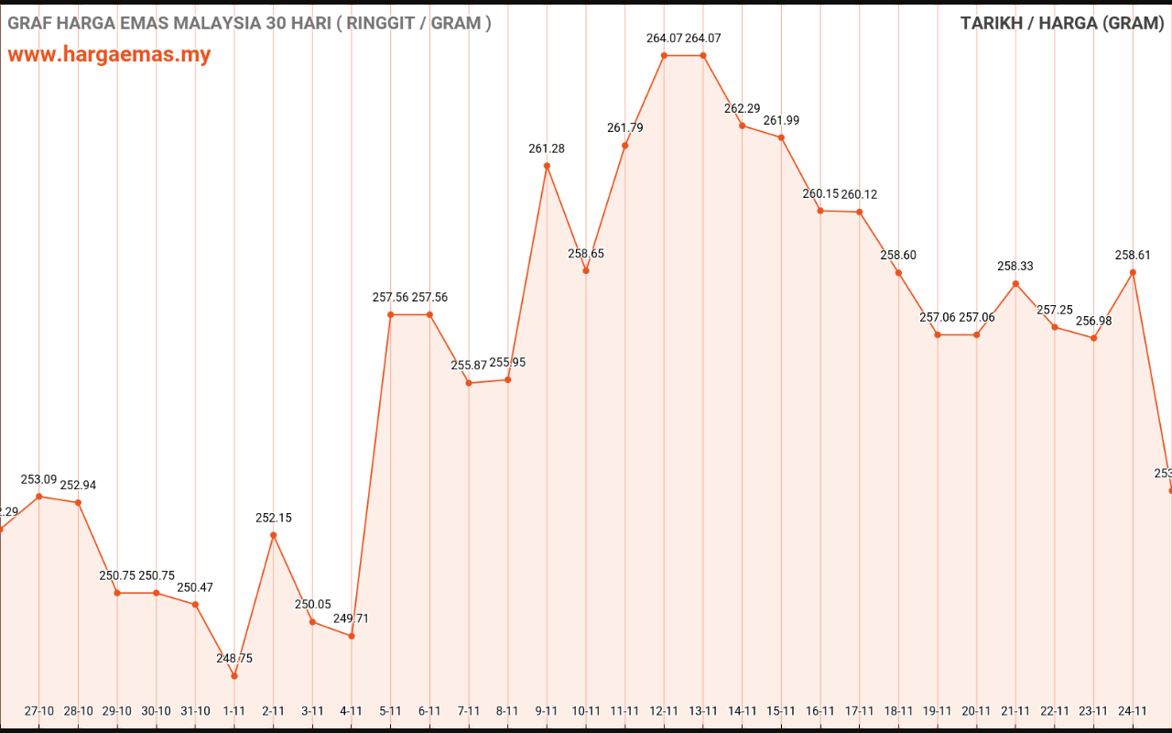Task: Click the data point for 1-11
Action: click(x=234, y=676)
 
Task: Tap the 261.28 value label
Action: click(x=547, y=149)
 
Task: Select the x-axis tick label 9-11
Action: click(x=547, y=711)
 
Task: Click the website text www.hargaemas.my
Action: click(x=109, y=54)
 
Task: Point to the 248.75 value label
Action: click(x=234, y=659)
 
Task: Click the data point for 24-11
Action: click(x=1134, y=272)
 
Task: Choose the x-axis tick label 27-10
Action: click(x=39, y=711)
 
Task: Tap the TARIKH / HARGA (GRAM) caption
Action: click(x=1062, y=24)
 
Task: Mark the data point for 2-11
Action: click(x=274, y=535)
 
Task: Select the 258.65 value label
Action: click(x=586, y=254)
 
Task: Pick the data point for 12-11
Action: click(x=664, y=56)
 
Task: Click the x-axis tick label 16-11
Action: click(x=820, y=711)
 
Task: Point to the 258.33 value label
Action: click(x=1015, y=267)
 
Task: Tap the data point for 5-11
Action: click(x=391, y=314)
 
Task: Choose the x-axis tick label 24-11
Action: click(x=1134, y=711)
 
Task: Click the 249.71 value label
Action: click(x=352, y=618)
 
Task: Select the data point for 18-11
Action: click(x=898, y=272)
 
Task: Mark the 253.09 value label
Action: click(x=39, y=479)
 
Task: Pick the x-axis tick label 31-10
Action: click(x=195, y=711)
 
